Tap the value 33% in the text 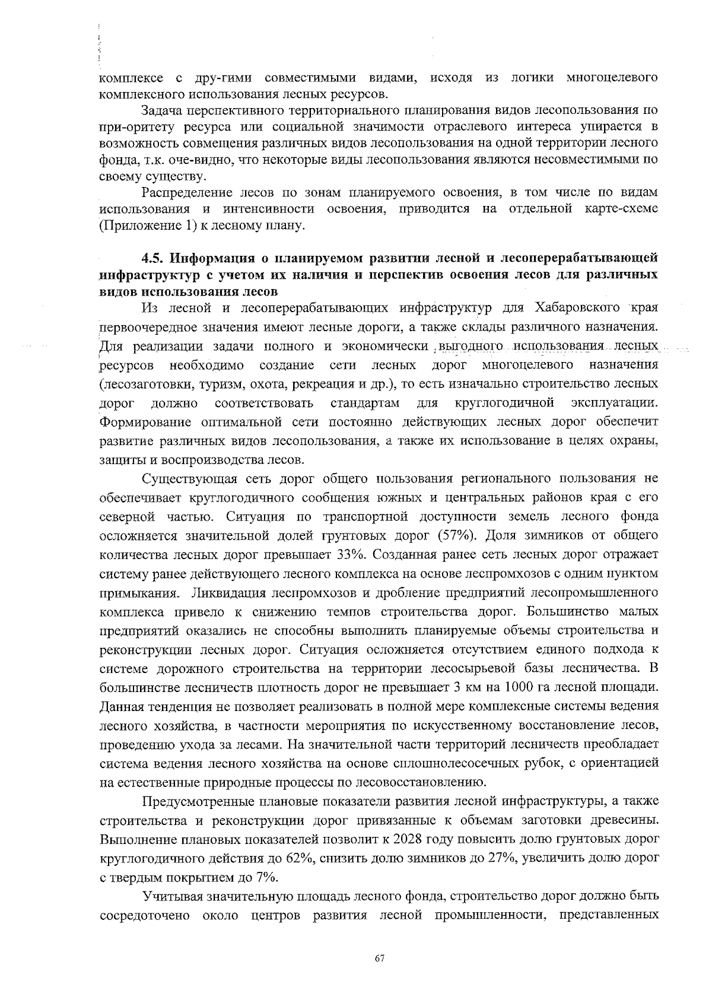tap(358, 554)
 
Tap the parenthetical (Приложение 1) tap(147, 226)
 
